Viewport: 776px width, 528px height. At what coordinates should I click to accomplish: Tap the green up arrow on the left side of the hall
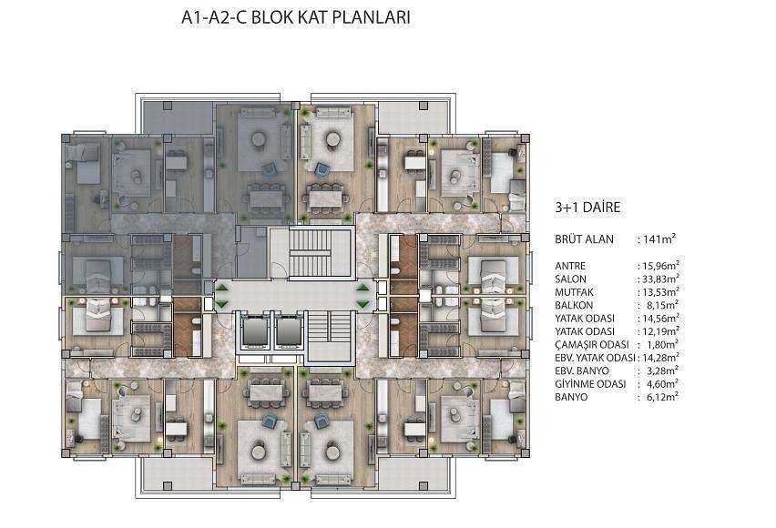coord(222,288)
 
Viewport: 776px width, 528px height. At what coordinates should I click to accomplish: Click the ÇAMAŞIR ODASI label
coord(591,345)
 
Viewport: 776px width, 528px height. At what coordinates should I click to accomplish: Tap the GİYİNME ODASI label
coord(590,384)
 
